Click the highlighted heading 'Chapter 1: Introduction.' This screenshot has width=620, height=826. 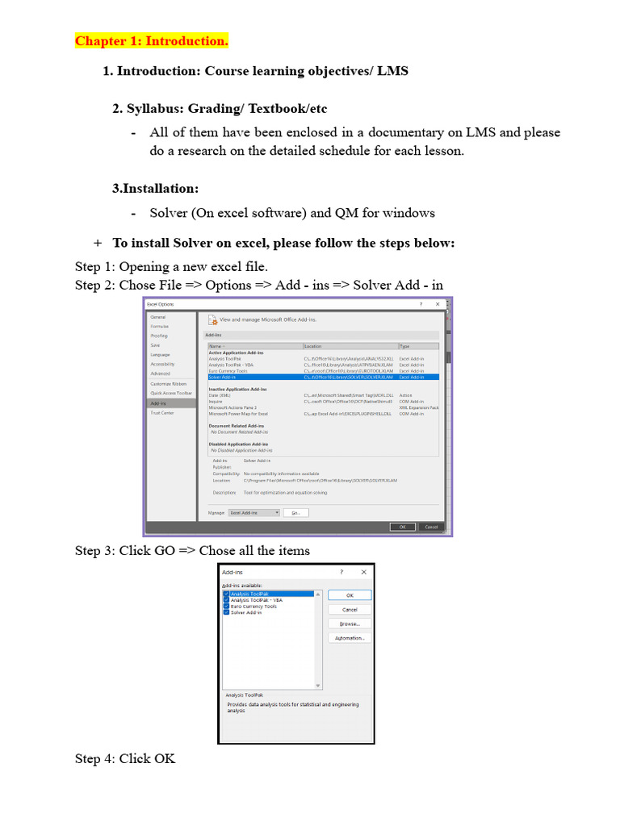click(152, 41)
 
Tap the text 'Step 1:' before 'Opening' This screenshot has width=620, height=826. click(95, 266)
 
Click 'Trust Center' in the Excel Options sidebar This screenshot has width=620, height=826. click(161, 413)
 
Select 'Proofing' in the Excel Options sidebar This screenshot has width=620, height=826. click(159, 336)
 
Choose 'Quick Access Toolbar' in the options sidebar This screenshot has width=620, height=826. click(171, 394)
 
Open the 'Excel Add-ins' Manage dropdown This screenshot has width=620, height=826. click(254, 512)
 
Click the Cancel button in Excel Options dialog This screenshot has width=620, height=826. click(431, 527)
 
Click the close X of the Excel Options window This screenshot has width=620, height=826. click(438, 304)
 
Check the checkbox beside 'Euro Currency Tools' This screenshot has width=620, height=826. click(226, 607)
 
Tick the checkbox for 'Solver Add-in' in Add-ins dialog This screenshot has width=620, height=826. click(226, 612)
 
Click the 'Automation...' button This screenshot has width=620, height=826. click(350, 638)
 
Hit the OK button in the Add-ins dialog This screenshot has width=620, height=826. click(350, 595)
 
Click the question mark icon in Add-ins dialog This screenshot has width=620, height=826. click(341, 572)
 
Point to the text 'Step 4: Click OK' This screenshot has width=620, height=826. click(125, 759)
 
